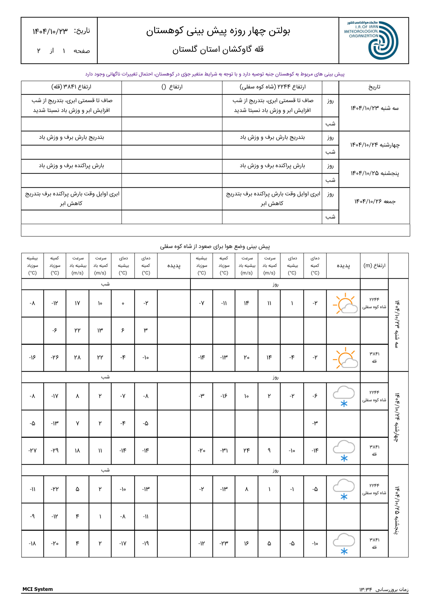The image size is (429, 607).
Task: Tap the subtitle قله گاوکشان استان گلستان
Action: [218, 50]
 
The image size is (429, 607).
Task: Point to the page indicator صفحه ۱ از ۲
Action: [63, 51]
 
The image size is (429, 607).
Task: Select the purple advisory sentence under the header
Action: [215, 74]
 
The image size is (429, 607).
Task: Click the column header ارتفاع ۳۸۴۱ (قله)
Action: [71, 87]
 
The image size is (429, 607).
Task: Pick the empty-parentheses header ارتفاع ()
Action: [172, 87]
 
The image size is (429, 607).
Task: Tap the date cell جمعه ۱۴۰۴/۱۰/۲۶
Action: [374, 202]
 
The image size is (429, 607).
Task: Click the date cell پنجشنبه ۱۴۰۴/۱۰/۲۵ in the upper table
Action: [374, 173]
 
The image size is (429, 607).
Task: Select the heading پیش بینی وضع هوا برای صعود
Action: [215, 246]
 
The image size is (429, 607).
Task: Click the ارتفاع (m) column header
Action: [374, 265]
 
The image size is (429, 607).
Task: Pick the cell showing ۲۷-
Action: [32, 451]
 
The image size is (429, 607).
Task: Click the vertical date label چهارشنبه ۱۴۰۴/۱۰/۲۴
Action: [397, 418]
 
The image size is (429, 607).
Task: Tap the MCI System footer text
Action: [37, 589]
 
